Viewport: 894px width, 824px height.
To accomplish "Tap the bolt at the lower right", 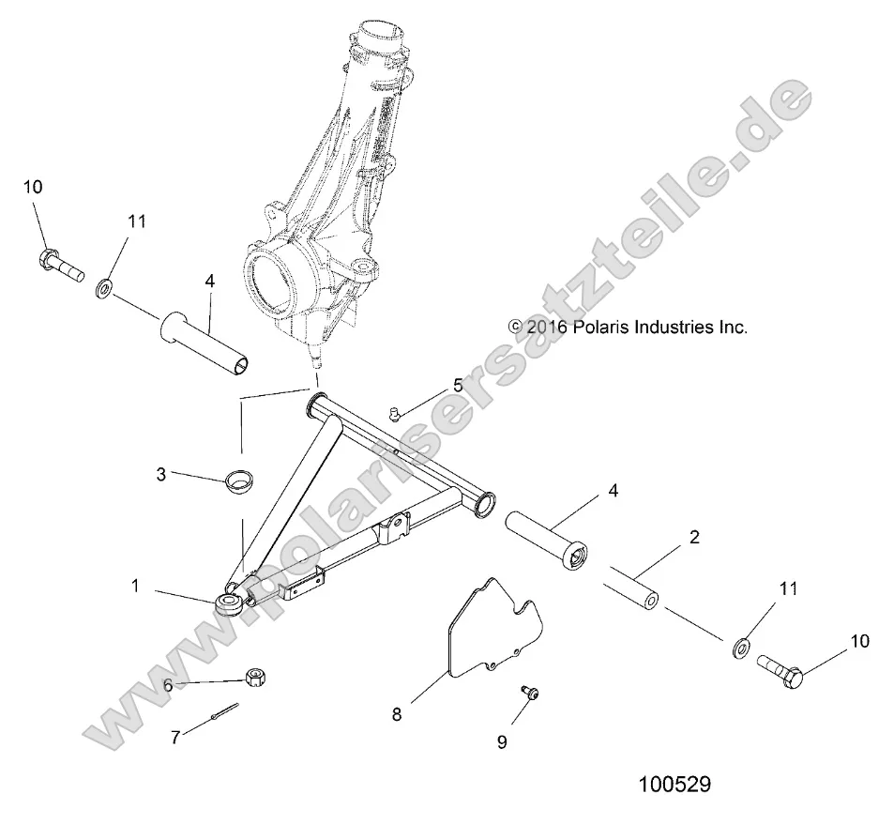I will [x=780, y=671].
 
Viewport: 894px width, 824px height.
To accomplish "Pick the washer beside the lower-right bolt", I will [x=739, y=646].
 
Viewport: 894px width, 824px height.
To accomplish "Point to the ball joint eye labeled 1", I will [x=229, y=603].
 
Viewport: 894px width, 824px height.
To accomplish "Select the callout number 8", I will [x=397, y=714].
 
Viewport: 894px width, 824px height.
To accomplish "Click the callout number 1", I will [x=135, y=586].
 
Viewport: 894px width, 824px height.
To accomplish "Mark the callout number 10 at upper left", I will [x=33, y=188].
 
